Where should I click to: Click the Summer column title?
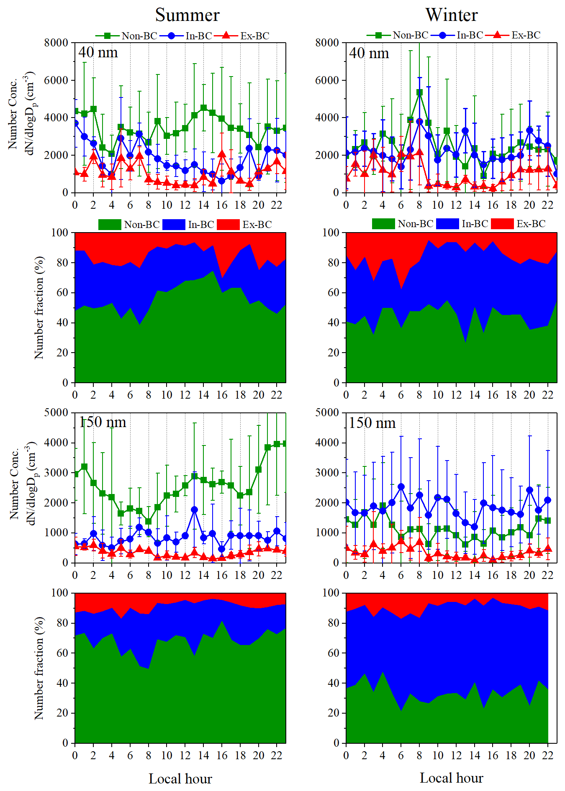pyautogui.click(x=187, y=15)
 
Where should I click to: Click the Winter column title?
pyautogui.click(x=451, y=15)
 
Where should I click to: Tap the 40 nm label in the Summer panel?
pyautogui.click(x=98, y=52)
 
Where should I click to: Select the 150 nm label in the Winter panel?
pyautogui.click(x=372, y=423)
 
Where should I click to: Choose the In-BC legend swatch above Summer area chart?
pyautogui.click(x=174, y=225)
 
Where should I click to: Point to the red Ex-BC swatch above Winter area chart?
pyautogui.click(x=502, y=224)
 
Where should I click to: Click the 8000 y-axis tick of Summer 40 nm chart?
pyautogui.click(x=56, y=43)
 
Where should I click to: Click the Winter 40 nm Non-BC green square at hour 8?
pyautogui.click(x=419, y=92)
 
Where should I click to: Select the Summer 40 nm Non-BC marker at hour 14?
pyautogui.click(x=203, y=108)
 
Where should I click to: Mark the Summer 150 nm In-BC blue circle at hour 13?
pyautogui.click(x=194, y=509)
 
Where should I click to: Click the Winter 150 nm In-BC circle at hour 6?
pyautogui.click(x=401, y=487)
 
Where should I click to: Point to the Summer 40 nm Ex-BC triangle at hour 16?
pyautogui.click(x=222, y=154)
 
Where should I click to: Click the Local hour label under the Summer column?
pyautogui.click(x=180, y=779)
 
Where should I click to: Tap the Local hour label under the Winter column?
pyautogui.click(x=451, y=778)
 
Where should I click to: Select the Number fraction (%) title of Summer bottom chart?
pyautogui.click(x=39, y=668)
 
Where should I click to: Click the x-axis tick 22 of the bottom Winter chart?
pyautogui.click(x=547, y=755)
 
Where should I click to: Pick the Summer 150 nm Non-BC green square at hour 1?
pyautogui.click(x=84, y=466)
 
